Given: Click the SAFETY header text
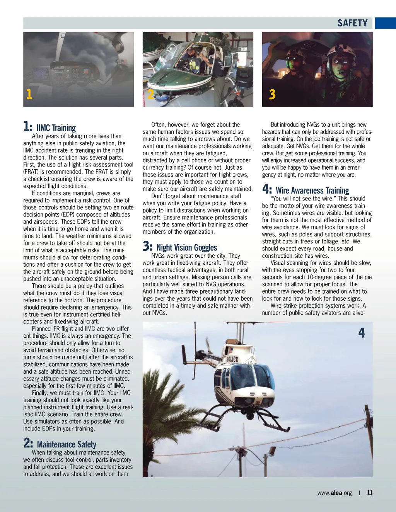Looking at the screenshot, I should tap(352, 23).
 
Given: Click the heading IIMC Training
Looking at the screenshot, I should tap(56, 128).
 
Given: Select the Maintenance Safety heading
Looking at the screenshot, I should tap(67, 444).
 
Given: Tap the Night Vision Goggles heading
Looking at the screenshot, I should tap(186, 248).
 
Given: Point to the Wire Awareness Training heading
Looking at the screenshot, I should tap(312, 191).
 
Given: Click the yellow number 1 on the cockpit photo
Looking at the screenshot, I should tap(29, 94).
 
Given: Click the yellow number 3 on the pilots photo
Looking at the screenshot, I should tap(272, 94).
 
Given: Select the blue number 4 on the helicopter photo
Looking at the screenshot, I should tap(362, 333).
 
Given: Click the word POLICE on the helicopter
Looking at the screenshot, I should tap(232, 359).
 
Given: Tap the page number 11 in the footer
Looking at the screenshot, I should tap(370, 493).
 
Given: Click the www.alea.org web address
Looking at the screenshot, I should tap(335, 493).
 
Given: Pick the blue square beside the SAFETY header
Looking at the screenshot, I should tap(385, 23).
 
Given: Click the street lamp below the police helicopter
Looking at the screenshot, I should tap(272, 451).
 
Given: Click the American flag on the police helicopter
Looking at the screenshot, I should tap(231, 350).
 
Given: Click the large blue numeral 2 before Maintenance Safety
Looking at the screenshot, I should tap(28, 443).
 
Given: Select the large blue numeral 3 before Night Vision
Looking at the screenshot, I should tap(147, 246).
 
